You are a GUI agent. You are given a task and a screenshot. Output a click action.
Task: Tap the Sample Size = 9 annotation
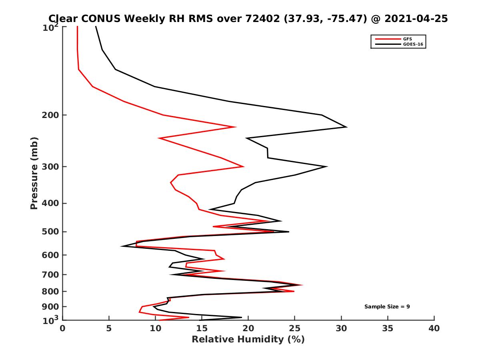[387, 307]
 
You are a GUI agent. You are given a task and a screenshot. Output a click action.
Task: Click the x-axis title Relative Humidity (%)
[248, 340]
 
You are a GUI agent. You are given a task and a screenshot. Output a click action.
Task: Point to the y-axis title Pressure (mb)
[34, 173]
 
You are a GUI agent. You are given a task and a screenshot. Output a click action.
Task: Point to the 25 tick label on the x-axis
[294, 329]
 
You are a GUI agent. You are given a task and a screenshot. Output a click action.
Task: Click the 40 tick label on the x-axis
[434, 329]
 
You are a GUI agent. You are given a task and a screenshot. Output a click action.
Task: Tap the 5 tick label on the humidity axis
[109, 329]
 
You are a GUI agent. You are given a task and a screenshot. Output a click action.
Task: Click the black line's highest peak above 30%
[346, 127]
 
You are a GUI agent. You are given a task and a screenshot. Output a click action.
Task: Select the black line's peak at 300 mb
[327, 166]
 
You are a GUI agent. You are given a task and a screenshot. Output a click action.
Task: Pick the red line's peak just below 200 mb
[236, 127]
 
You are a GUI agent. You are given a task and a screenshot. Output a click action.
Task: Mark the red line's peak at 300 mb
[244, 166]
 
